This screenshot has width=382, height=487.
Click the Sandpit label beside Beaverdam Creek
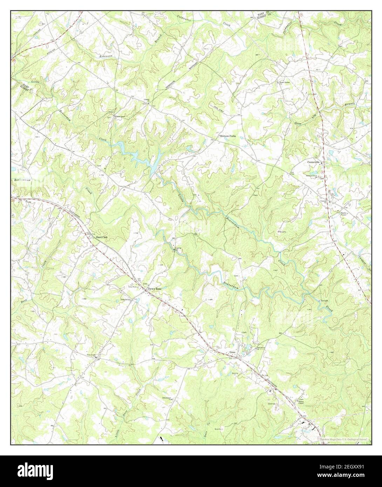(x=323, y=301)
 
